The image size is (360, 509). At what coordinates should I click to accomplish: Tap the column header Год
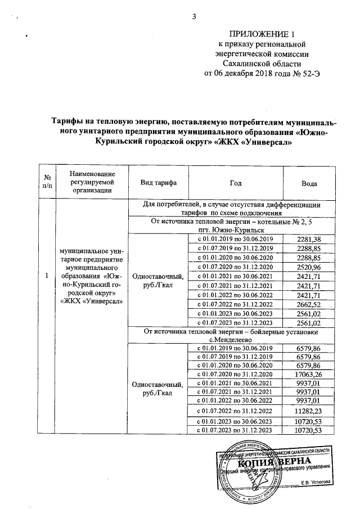click(236, 183)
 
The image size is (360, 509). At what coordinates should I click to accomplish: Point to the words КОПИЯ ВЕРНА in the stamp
click(272, 462)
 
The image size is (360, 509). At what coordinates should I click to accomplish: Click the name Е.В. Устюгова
click(316, 482)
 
